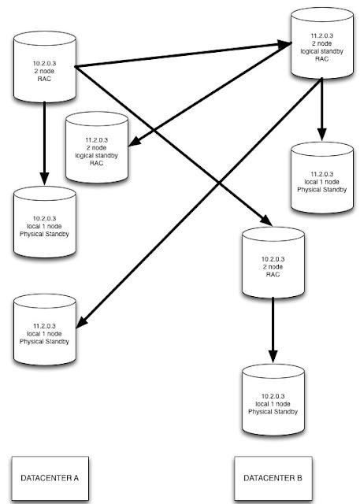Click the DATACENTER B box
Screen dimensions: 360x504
click(273, 478)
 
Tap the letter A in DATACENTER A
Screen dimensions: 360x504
click(76, 478)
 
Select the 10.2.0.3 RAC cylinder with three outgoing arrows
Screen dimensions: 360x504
click(45, 67)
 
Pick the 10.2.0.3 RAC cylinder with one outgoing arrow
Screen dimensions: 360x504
click(273, 262)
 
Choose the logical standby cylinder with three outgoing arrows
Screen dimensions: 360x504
click(322, 43)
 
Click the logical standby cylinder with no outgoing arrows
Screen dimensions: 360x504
click(97, 147)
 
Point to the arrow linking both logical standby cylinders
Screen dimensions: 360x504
click(210, 94)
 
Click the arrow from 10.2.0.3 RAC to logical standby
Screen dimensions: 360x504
click(184, 55)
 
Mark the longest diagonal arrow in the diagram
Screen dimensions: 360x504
click(199, 203)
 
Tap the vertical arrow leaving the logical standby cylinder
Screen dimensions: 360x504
click(322, 109)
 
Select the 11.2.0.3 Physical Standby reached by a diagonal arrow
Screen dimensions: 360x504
click(45, 329)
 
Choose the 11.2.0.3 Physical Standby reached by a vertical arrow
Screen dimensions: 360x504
click(322, 178)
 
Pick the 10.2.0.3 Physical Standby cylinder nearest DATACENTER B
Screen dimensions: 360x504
click(273, 399)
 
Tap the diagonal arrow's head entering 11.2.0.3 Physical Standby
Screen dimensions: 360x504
click(82, 323)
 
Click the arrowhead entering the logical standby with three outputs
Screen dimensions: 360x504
click(285, 44)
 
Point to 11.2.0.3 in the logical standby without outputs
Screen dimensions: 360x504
click(97, 140)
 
